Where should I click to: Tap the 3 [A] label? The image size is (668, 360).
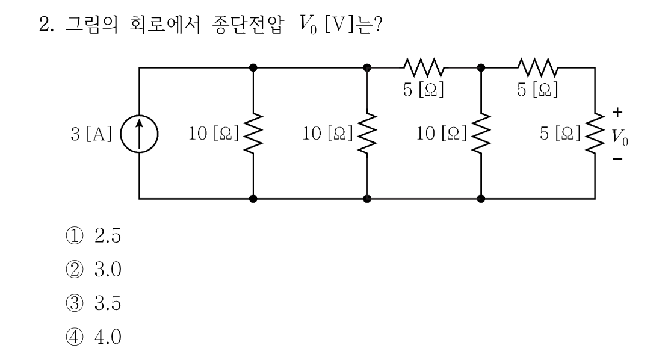(x=91, y=134)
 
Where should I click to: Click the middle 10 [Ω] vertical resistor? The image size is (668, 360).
(x=367, y=133)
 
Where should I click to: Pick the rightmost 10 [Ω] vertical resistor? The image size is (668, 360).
(x=481, y=133)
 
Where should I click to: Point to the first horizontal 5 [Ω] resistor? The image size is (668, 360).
(x=424, y=67)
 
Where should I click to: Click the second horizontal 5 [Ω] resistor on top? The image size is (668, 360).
(x=537, y=67)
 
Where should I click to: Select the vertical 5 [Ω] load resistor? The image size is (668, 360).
(x=595, y=133)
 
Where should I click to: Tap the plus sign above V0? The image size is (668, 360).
(x=617, y=112)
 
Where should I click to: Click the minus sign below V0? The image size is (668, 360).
(x=617, y=159)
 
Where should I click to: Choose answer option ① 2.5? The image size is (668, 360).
(x=93, y=235)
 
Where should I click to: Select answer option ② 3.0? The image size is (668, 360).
(x=93, y=269)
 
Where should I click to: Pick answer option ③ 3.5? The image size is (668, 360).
(x=93, y=303)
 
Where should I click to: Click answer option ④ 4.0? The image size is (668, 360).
(x=93, y=337)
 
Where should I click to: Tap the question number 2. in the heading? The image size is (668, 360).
(x=46, y=24)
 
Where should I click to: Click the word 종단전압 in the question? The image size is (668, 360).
(x=247, y=24)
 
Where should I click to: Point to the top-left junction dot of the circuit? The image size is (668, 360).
(x=253, y=67)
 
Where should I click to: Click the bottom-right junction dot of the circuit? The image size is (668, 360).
(x=481, y=199)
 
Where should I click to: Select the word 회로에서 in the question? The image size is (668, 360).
(x=165, y=24)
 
